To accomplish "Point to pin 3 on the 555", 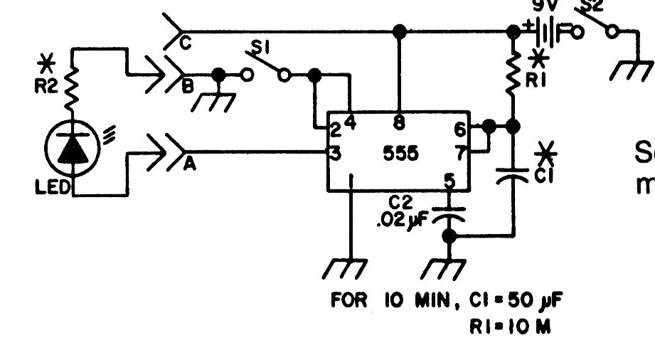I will click(333, 152).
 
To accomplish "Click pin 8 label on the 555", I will click(400, 123).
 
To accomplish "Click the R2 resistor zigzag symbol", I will click(72, 88).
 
